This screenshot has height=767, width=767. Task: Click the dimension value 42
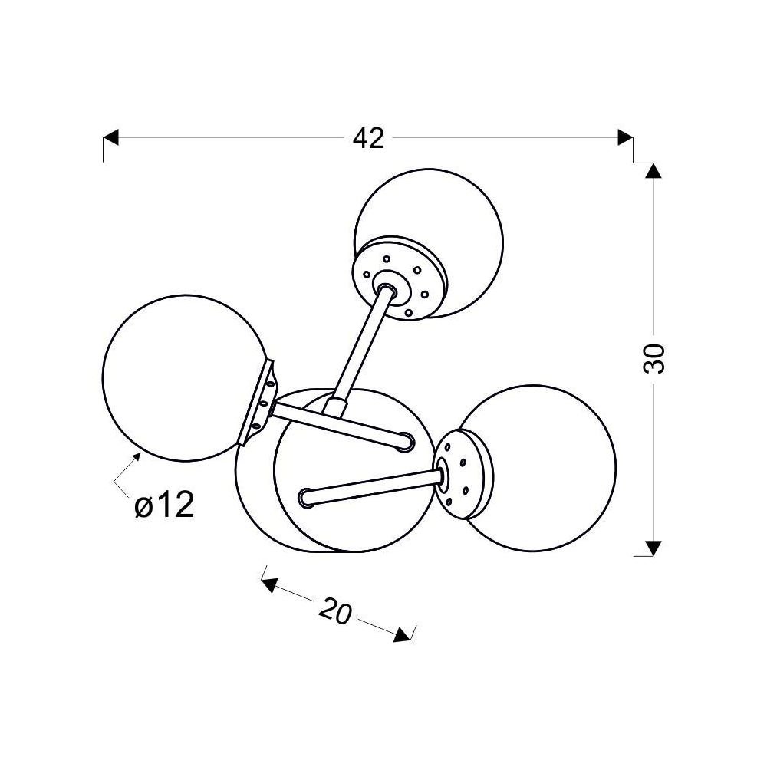368,138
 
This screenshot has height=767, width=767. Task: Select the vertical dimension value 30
654,359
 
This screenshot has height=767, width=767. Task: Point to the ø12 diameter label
164,505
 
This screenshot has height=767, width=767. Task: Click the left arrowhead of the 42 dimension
111,137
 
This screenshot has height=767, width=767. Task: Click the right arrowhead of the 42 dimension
626,137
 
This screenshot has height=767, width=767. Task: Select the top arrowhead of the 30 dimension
654,170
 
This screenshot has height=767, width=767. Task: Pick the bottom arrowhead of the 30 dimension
654,548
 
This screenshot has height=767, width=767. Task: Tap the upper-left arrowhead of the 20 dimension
269,584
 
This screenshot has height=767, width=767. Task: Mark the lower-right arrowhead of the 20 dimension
403,634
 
